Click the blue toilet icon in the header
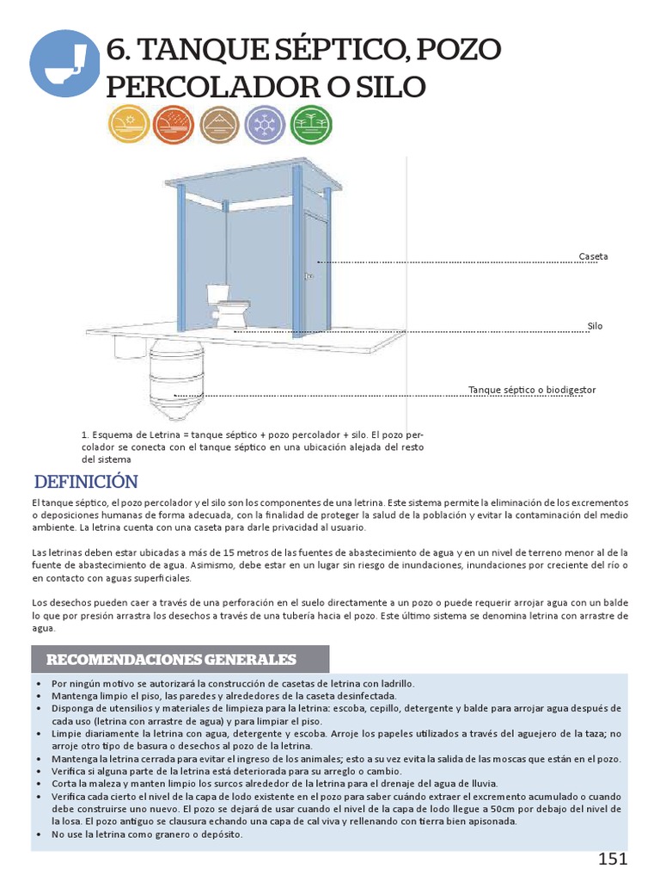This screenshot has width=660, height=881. click(x=64, y=62)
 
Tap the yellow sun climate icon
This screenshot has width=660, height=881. click(x=129, y=126)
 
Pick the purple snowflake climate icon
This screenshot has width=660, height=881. click(x=265, y=126)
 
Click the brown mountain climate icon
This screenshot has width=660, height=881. click(x=220, y=126)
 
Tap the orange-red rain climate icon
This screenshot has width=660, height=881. click(x=174, y=126)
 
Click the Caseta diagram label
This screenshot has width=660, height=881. click(x=593, y=257)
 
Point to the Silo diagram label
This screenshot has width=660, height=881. click(x=595, y=327)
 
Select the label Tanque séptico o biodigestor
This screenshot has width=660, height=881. click(x=532, y=391)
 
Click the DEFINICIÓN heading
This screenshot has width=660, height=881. click(x=85, y=481)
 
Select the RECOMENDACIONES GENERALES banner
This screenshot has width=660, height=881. click(x=171, y=660)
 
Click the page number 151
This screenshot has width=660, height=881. click(x=613, y=859)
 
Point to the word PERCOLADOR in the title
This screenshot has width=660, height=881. click(x=215, y=87)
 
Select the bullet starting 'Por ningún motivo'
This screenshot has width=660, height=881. click(x=233, y=683)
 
